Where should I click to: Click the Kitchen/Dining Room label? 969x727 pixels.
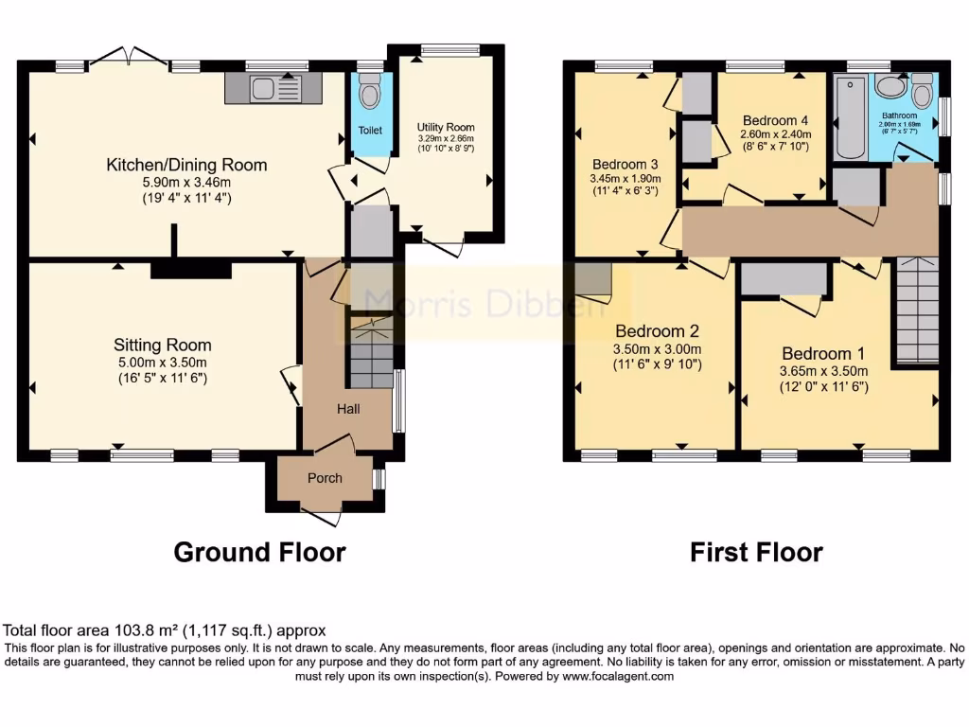[x=185, y=165]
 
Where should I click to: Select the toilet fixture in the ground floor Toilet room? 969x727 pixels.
[x=370, y=94]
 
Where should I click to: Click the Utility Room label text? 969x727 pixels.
[x=446, y=127]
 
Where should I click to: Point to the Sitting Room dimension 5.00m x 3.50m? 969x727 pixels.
[x=162, y=363]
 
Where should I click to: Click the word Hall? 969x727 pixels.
[x=348, y=408]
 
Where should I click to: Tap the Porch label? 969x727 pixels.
[x=325, y=478]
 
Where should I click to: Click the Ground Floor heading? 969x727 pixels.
[x=259, y=552]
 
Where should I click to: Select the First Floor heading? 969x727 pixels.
[x=756, y=552]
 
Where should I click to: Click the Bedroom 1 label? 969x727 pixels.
[x=821, y=353]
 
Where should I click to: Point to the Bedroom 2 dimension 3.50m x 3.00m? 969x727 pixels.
[x=658, y=348]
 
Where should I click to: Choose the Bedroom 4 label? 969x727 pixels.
[x=775, y=120]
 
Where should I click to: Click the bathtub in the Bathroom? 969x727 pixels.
[x=852, y=118]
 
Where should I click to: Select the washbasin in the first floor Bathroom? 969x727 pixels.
[x=890, y=86]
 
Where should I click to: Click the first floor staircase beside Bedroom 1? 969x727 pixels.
[x=916, y=310]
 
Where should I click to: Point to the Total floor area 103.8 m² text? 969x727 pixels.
[x=165, y=629]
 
